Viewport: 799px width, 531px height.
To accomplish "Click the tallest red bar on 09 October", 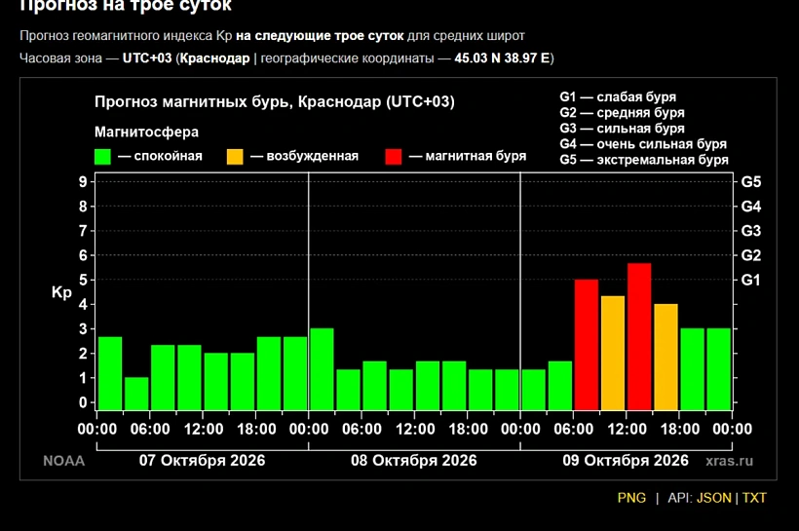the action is pyautogui.click(x=639, y=336).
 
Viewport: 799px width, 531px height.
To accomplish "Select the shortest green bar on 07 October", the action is pyautogui.click(x=136, y=394).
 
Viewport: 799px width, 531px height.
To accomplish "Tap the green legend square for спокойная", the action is pyautogui.click(x=102, y=157).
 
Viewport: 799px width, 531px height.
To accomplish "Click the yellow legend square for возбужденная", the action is pyautogui.click(x=235, y=157).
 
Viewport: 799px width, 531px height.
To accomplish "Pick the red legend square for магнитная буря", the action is pyautogui.click(x=394, y=157).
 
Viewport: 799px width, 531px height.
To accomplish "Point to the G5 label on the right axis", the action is pyautogui.click(x=750, y=182).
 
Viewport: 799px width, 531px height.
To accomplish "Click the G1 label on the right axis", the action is pyautogui.click(x=750, y=280).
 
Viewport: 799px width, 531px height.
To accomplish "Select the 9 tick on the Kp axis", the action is pyautogui.click(x=83, y=181).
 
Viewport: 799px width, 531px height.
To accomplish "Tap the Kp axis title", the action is pyautogui.click(x=61, y=292).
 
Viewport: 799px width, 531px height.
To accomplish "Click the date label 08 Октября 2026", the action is pyautogui.click(x=414, y=460).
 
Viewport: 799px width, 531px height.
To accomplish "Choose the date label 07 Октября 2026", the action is pyautogui.click(x=203, y=460).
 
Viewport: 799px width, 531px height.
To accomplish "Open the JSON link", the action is pyautogui.click(x=713, y=498).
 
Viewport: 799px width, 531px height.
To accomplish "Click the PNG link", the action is pyautogui.click(x=631, y=498).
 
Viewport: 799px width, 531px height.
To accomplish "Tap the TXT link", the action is pyautogui.click(x=754, y=498).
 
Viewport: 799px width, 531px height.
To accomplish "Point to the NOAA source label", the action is pyautogui.click(x=63, y=461).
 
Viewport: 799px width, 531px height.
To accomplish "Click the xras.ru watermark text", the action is pyautogui.click(x=729, y=461).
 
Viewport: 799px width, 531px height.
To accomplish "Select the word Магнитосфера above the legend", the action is pyautogui.click(x=147, y=132).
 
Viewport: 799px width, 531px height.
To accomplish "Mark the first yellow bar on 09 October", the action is pyautogui.click(x=613, y=353).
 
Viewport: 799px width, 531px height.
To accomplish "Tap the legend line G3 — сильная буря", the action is pyautogui.click(x=623, y=129).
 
